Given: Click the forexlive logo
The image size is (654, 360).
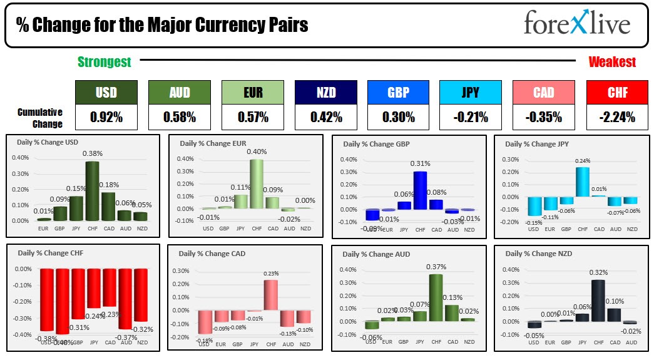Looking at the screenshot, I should (x=576, y=24).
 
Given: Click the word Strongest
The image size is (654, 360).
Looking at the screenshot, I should (x=104, y=61).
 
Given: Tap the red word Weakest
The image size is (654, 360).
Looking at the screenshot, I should (x=611, y=61).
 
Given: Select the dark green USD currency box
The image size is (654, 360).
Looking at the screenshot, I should (x=106, y=93).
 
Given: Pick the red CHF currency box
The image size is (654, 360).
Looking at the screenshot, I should (x=617, y=93).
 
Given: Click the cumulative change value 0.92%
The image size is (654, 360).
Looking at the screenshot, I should (x=106, y=116).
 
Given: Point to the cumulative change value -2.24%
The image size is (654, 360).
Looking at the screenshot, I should (x=617, y=116).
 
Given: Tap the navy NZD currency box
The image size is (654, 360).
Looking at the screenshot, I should (x=325, y=93).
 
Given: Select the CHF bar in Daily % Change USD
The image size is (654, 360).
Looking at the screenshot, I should (x=92, y=191).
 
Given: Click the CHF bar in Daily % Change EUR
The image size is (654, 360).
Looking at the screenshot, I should (x=256, y=183).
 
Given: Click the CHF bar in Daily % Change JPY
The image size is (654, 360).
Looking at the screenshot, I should (x=583, y=182).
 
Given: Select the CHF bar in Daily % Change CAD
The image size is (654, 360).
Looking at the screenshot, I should (x=270, y=295).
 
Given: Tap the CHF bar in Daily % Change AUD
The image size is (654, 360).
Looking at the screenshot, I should (x=436, y=297).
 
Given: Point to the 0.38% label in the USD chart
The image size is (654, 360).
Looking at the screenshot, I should (x=92, y=153).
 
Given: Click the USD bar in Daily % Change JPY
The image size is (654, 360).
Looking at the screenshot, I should (x=534, y=206).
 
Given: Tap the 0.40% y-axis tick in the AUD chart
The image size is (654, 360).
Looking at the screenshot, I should (x=349, y=270).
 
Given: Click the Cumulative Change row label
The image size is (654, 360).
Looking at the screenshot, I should (x=40, y=117).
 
